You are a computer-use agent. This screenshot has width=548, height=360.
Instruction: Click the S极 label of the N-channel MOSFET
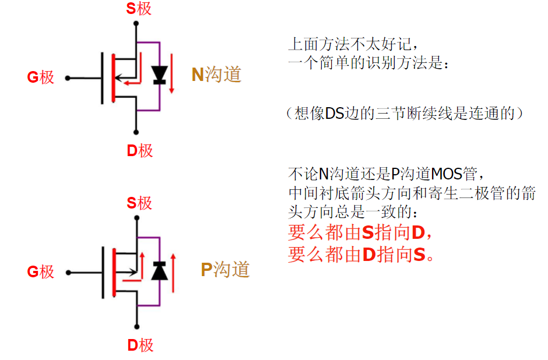[x=139, y=9]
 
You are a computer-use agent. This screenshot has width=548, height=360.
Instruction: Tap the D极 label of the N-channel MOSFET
[x=140, y=151]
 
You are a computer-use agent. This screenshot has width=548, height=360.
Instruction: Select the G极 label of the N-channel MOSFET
[x=41, y=77]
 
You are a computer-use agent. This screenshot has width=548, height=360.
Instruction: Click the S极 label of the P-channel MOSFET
[x=139, y=203]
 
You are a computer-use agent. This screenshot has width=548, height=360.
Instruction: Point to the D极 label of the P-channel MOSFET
[x=140, y=345]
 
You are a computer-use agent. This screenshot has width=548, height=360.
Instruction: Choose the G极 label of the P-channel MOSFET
[x=41, y=271]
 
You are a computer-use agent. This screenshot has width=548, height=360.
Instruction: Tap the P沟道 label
[x=225, y=270]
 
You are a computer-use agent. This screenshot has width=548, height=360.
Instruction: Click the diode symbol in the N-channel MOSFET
[x=160, y=75]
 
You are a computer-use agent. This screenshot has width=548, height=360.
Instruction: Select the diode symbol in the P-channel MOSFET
[x=160, y=271]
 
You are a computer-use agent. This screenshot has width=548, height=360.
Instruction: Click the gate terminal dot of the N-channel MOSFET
[x=68, y=78]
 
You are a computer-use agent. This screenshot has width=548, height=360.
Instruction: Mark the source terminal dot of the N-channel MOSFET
[x=136, y=23]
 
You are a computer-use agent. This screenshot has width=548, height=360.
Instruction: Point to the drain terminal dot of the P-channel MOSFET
[x=136, y=327]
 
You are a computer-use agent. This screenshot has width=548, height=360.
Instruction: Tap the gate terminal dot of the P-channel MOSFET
[x=69, y=273]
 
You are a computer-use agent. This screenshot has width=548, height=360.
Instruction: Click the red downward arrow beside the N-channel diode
[x=171, y=73]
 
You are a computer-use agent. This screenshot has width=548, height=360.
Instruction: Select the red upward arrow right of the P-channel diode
[x=173, y=273]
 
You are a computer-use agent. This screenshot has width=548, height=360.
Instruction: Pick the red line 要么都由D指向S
[x=361, y=254]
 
